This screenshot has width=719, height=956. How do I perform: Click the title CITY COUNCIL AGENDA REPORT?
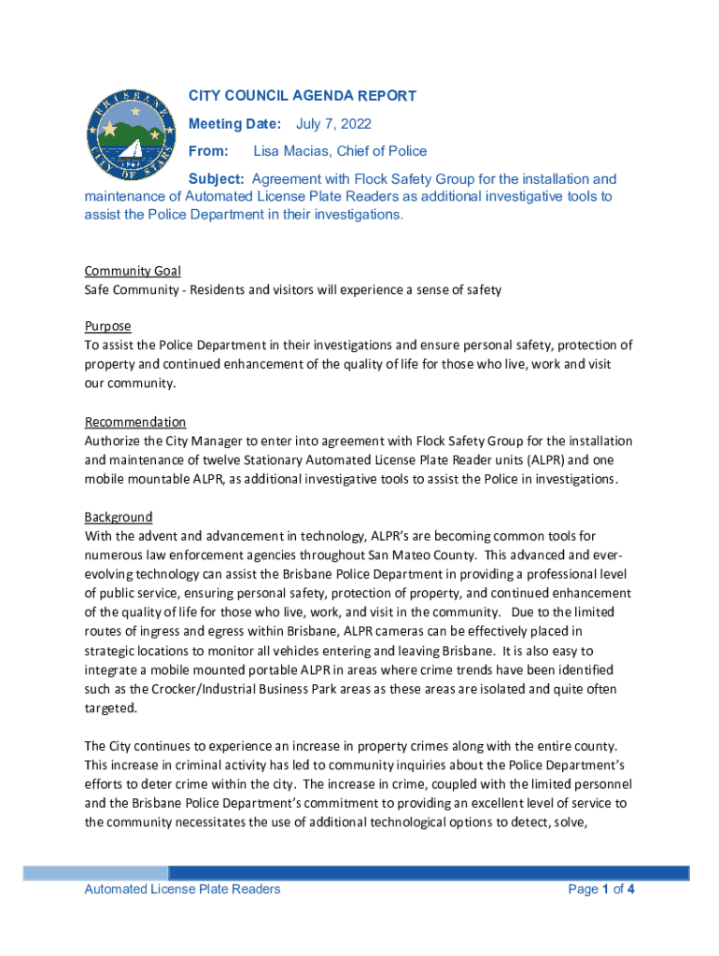[303, 96]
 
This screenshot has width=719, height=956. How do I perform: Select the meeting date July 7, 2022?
[333, 124]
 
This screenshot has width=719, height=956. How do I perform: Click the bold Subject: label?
[217, 179]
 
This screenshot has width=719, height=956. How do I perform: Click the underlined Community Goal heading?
[133, 271]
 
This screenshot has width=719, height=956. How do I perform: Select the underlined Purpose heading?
[107, 327]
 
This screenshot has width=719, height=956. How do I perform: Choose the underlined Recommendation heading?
[135, 422]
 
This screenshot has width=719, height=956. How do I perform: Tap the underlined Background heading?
[119, 517]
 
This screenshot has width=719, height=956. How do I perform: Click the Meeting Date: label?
[234, 124]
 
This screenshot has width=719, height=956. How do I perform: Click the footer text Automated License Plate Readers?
[182, 890]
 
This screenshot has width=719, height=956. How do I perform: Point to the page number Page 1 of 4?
[601, 890]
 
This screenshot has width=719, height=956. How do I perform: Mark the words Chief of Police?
[385, 151]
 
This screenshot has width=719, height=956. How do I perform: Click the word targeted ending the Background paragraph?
[110, 709]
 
